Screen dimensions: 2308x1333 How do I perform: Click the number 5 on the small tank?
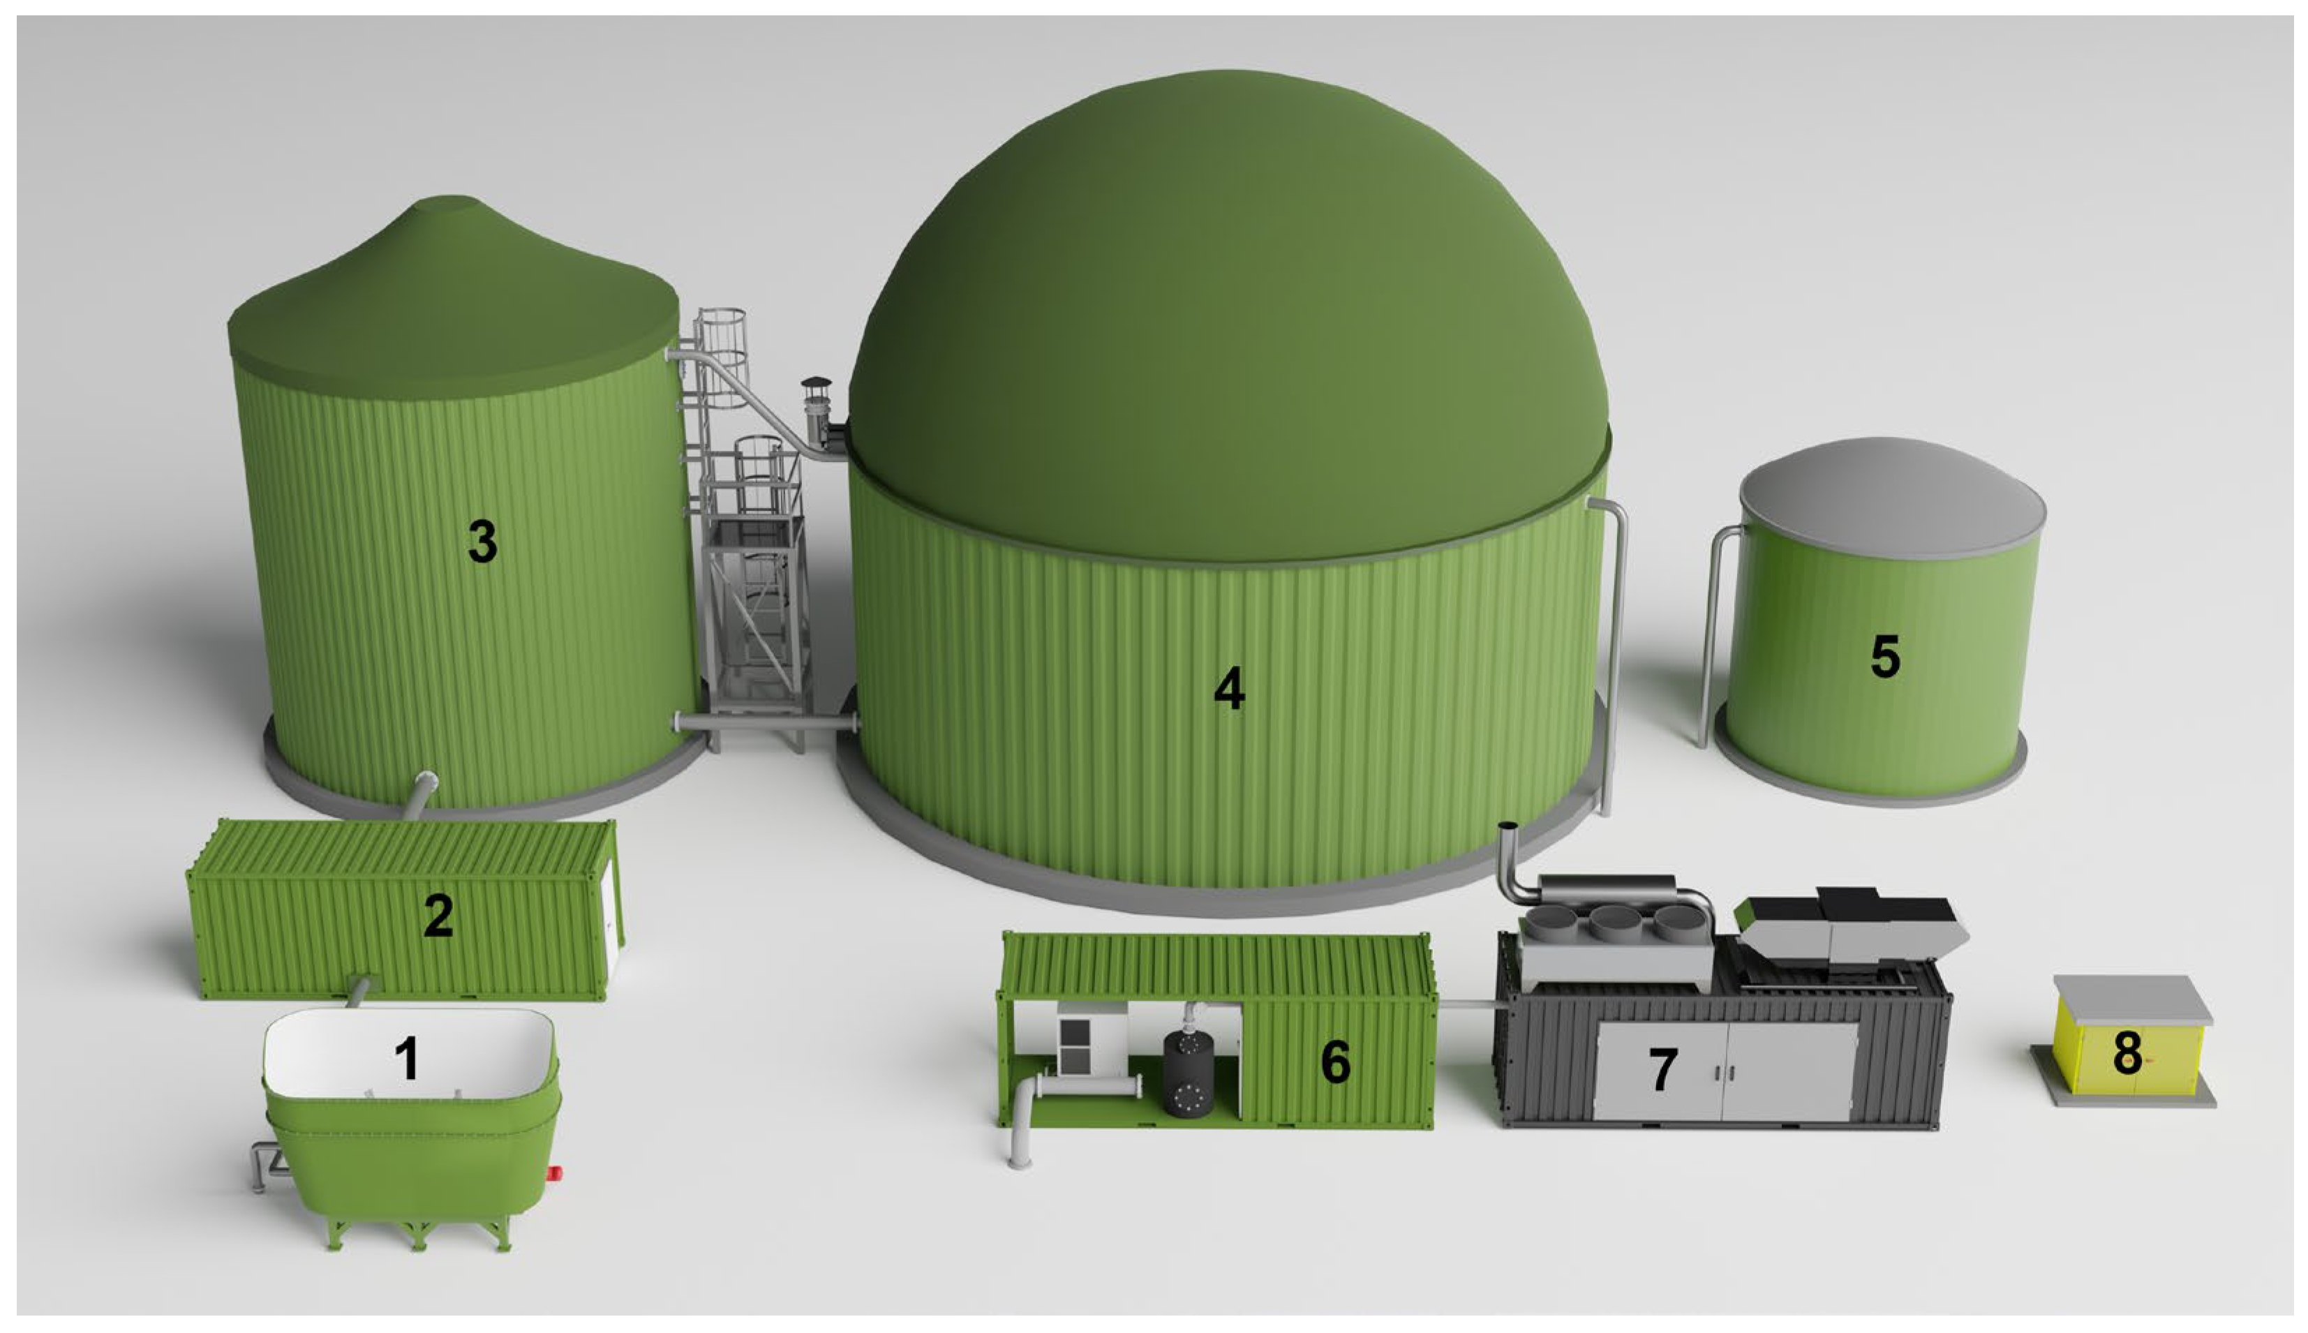(x=1885, y=657)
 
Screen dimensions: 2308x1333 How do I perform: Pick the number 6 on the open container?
(x=1336, y=1062)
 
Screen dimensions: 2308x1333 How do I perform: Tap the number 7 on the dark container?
(x=1662, y=1069)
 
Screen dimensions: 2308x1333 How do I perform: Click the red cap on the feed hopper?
(x=555, y=1174)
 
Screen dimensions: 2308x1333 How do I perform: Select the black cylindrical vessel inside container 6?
(x=1189, y=1073)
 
